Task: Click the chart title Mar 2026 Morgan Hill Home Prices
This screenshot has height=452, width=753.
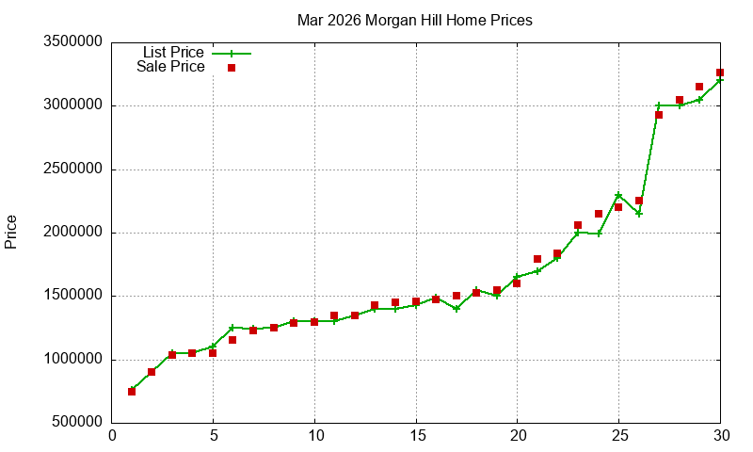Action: coord(414,20)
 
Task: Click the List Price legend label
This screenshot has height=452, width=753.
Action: coord(173,53)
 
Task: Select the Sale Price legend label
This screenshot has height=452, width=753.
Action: coord(170,67)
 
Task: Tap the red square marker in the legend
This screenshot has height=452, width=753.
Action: coord(232,68)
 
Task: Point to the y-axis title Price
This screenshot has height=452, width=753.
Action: coord(11,232)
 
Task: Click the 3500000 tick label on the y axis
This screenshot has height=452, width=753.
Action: coord(72,42)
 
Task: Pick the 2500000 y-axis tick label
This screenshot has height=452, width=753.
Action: coord(72,169)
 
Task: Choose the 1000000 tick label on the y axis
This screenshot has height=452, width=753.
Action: coord(72,360)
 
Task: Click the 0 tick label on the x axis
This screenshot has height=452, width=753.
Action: coord(112,436)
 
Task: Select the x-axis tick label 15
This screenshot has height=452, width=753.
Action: coord(416,436)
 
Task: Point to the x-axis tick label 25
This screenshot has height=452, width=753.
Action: coord(618,436)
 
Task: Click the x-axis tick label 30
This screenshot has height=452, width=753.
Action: coord(720,436)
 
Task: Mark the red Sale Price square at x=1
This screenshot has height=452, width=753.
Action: coord(132,391)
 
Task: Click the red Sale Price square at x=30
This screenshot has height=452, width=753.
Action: coord(720,73)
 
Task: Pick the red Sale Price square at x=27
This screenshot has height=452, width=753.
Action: coord(659,115)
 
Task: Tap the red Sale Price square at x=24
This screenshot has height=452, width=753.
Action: coord(599,214)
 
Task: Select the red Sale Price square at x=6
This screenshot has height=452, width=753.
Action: coord(232,340)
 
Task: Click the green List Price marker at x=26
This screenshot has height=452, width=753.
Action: coord(639,213)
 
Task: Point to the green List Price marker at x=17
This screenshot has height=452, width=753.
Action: coord(457,309)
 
